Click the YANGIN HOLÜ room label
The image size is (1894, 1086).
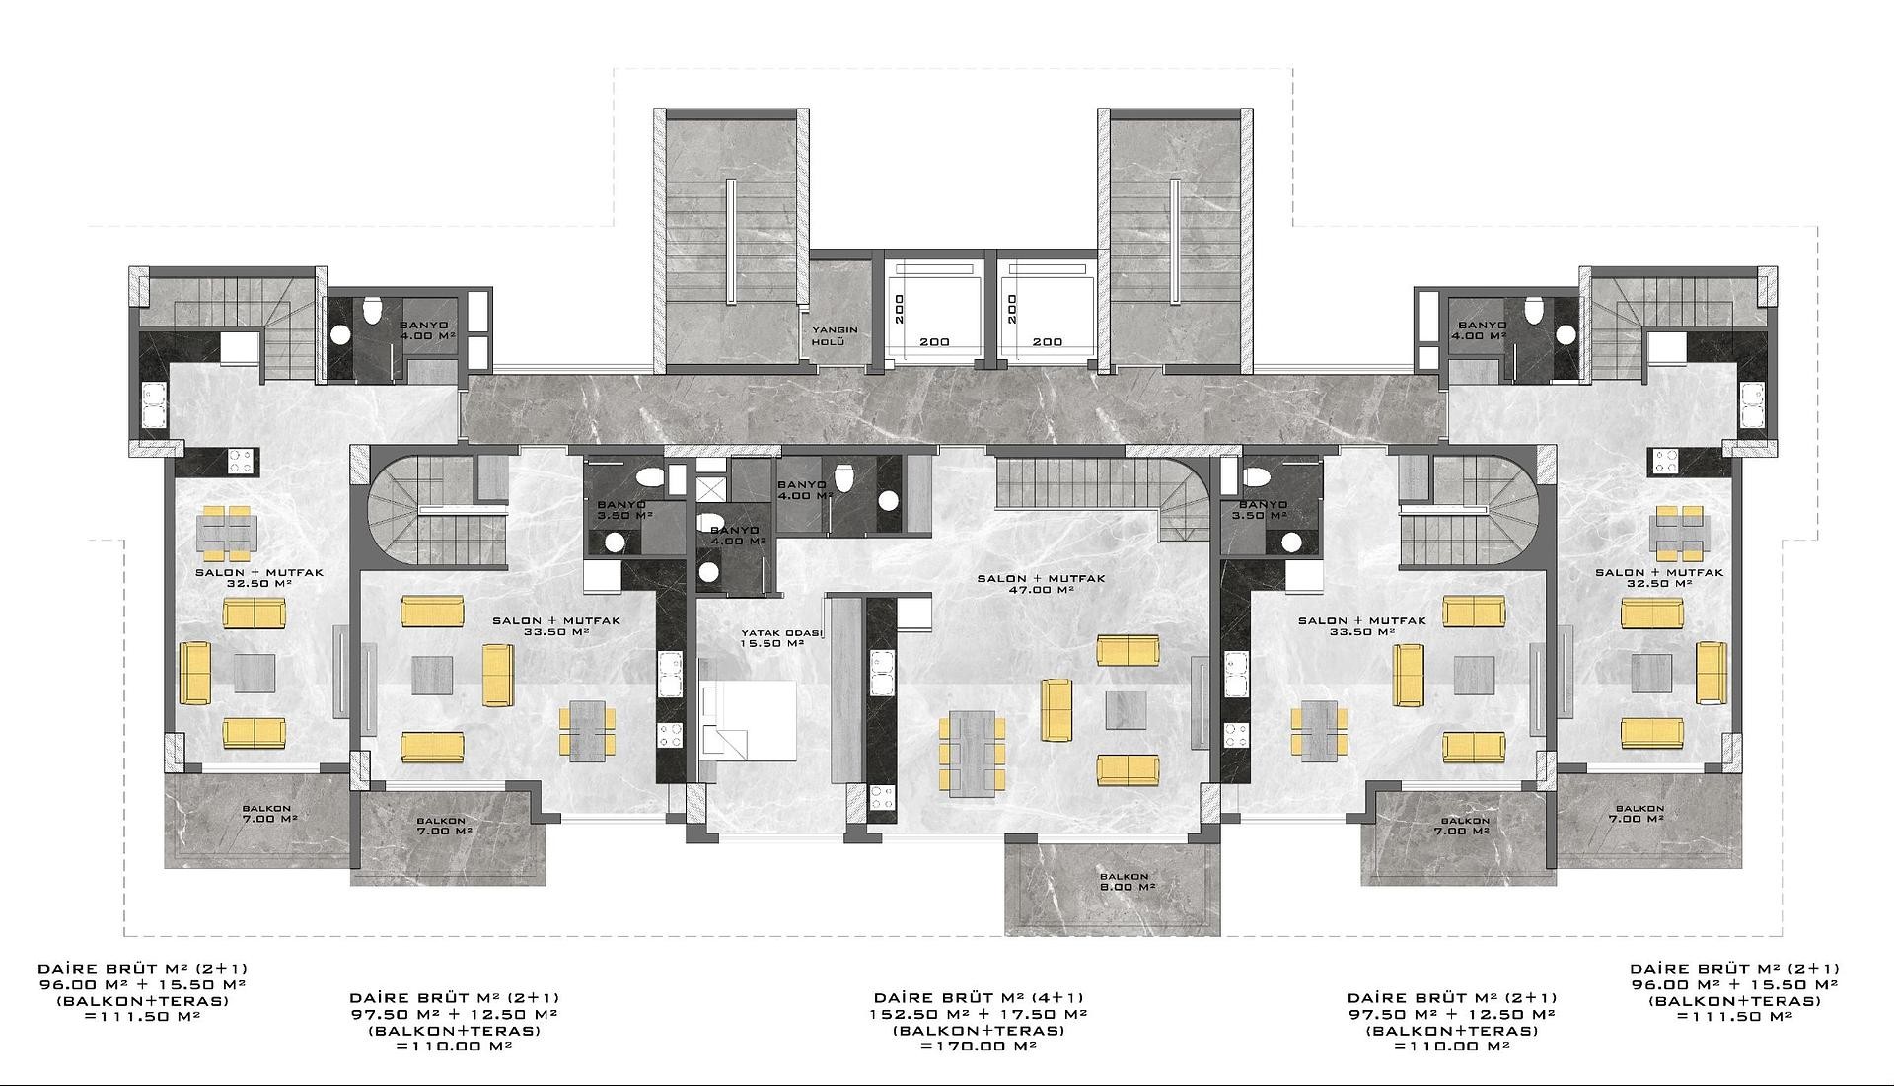[835, 336]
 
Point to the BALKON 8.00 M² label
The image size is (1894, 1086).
[1124, 881]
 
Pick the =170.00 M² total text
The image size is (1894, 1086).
[978, 1046]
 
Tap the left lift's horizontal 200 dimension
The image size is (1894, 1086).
[934, 342]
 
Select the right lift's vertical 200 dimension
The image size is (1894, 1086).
[1010, 308]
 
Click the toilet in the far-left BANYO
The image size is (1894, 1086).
[371, 311]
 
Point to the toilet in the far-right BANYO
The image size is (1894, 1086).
[1533, 311]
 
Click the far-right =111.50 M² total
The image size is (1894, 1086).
[1734, 1017]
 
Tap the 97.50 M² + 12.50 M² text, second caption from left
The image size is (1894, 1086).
[454, 1014]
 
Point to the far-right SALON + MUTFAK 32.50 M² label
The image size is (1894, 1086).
[1659, 577]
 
